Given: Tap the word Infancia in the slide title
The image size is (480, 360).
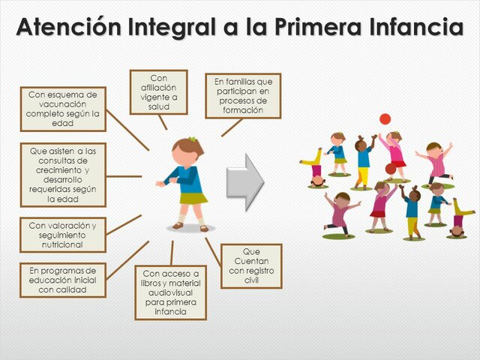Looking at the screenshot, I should (404, 28).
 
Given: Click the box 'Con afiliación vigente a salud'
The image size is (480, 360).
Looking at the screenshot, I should (159, 92).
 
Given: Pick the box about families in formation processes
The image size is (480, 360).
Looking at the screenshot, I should (243, 96).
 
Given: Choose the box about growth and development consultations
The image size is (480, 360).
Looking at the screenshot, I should (63, 175).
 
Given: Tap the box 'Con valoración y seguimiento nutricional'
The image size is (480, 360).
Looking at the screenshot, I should (63, 235).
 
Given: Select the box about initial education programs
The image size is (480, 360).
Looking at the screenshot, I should (63, 280).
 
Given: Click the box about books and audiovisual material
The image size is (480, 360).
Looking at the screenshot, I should (170, 292).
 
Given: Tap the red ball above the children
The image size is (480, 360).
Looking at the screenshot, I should (385, 118).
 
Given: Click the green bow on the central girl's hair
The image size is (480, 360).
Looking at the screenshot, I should (192, 140).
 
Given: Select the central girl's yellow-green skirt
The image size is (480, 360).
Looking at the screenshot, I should (193, 197).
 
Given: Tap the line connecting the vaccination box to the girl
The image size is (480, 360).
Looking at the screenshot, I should (127, 130).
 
